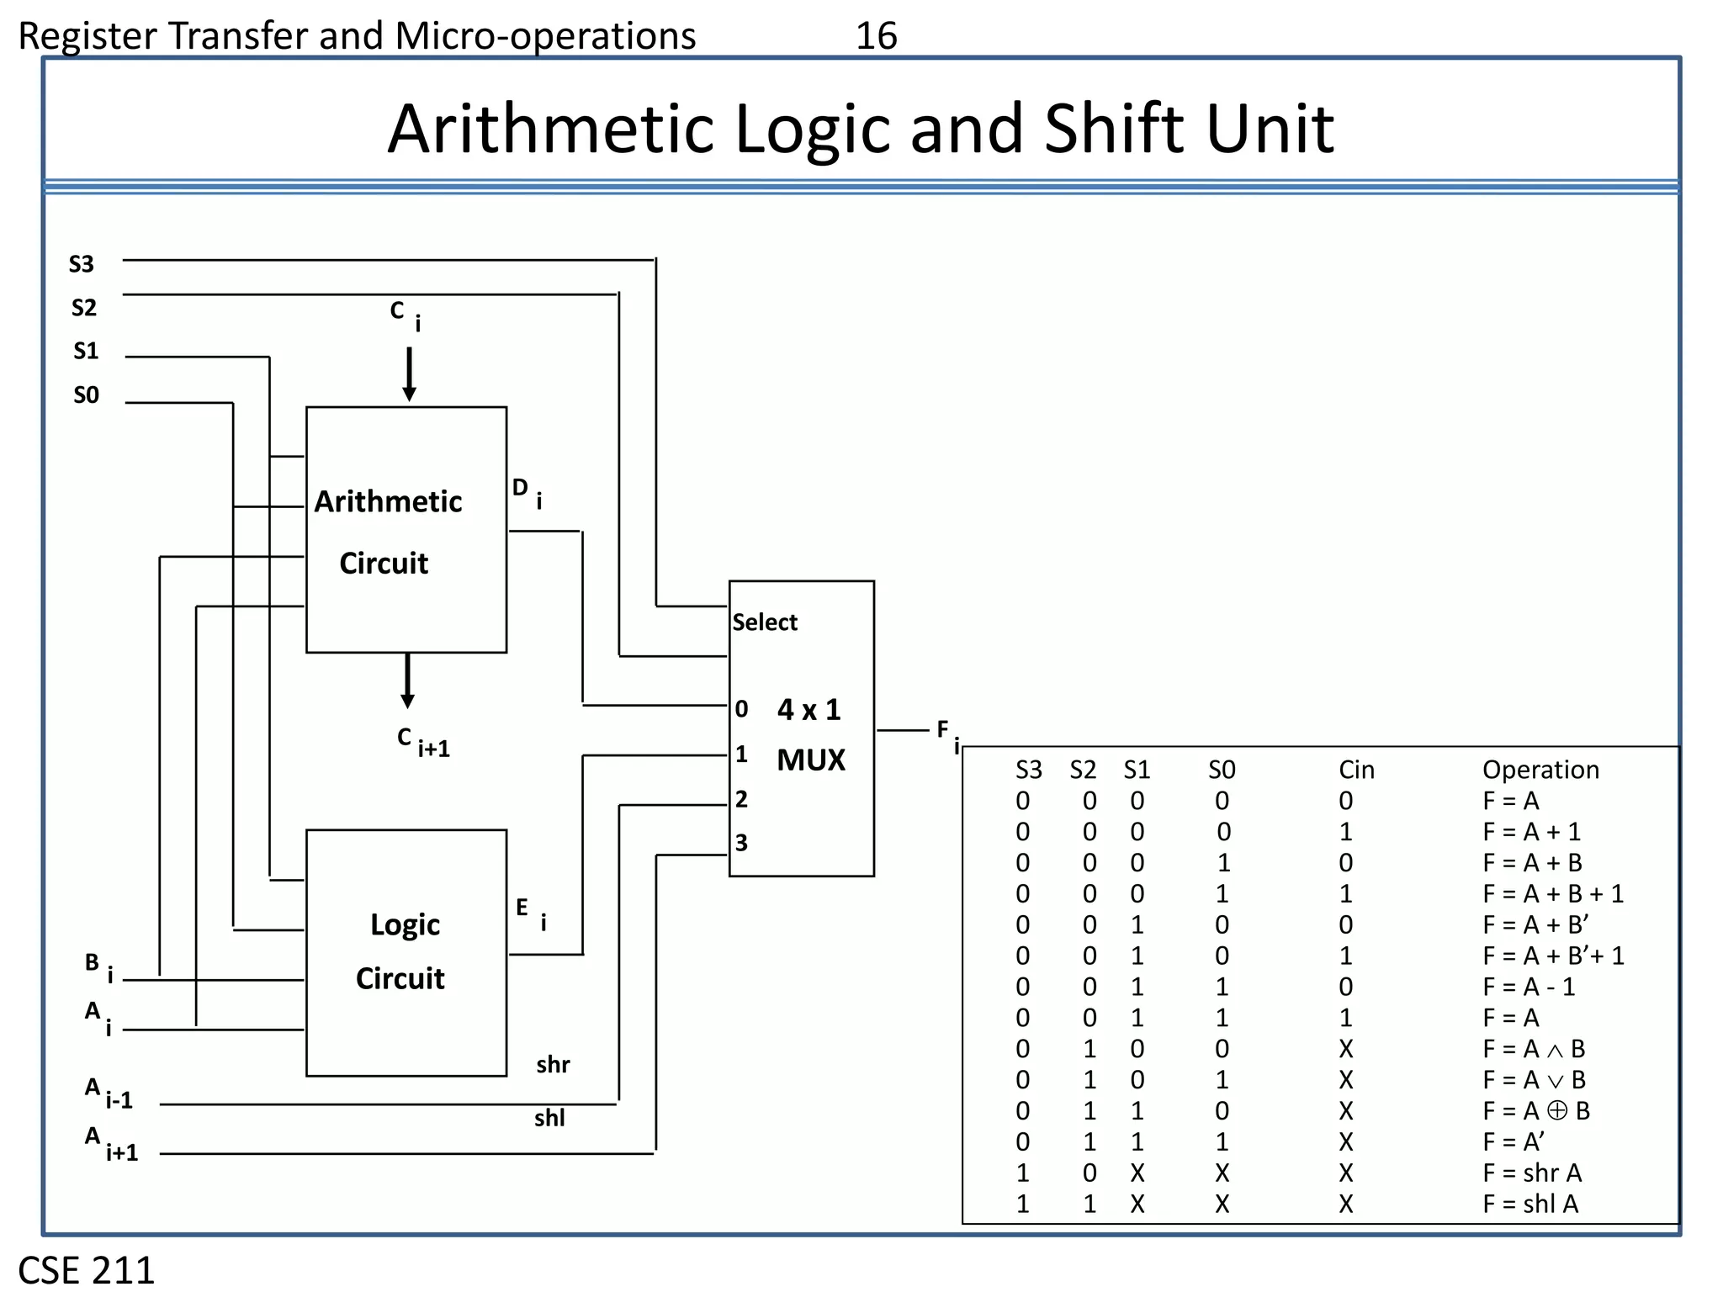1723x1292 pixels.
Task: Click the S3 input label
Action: click(x=81, y=264)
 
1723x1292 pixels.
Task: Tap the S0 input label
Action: click(x=86, y=394)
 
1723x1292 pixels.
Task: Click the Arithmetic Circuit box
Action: click(x=406, y=530)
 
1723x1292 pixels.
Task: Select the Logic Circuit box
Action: click(x=406, y=952)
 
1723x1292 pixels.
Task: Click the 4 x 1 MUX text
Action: click(x=809, y=734)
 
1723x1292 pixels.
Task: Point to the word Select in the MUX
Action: click(x=764, y=622)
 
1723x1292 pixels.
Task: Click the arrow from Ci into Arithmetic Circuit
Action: click(x=409, y=374)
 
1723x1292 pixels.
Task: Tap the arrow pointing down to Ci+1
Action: click(x=407, y=681)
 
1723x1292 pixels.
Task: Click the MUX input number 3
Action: click(x=741, y=843)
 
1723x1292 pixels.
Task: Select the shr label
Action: click(x=553, y=1065)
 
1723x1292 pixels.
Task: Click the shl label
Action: click(x=549, y=1118)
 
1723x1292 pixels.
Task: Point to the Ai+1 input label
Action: click(x=110, y=1145)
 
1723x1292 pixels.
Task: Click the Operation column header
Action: click(x=1540, y=770)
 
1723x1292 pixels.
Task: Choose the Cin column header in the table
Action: click(x=1356, y=770)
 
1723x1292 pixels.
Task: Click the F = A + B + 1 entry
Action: click(x=1552, y=893)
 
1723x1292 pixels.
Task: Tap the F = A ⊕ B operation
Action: click(x=1535, y=1111)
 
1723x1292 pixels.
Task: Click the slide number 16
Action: click(x=876, y=36)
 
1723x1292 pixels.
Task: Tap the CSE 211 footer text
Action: click(x=86, y=1270)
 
